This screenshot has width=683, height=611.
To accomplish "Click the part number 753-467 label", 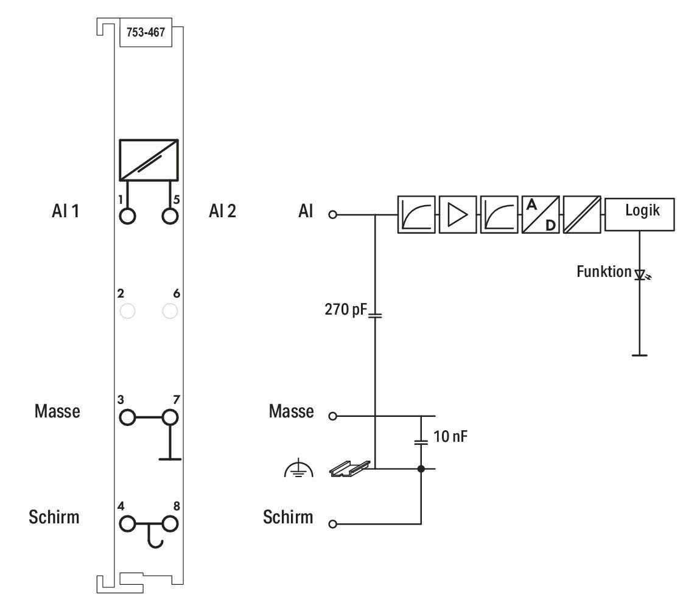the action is coord(145,32).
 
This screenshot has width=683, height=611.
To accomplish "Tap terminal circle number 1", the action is coord(127,216).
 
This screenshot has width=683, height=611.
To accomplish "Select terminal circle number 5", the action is coord(170,216).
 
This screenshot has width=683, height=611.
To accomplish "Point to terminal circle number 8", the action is coord(170,524).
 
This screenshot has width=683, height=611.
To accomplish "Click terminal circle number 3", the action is coord(127,417).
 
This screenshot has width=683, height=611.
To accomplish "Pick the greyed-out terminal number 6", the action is coord(170,311).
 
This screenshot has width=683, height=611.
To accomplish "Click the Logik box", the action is coord(639,214).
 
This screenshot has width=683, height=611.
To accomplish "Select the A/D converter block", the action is coord(541,215).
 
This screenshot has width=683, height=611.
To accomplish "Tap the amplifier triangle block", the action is coord(457,215).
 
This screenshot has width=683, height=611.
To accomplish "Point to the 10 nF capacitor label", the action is coord(450,436).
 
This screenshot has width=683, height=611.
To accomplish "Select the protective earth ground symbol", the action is coord(298,468).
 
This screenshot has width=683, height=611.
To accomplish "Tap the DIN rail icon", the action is coord(350,469).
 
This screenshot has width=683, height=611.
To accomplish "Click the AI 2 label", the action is coord(222,211).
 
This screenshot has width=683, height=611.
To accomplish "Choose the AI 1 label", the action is coord(65,211).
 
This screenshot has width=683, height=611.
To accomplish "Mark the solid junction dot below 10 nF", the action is coord(421,469).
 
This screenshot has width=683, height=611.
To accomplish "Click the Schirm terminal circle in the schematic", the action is coord(333,524).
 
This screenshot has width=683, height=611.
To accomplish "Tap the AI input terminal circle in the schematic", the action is coord(333,215).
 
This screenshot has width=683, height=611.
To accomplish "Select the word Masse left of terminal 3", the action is coord(57,411).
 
